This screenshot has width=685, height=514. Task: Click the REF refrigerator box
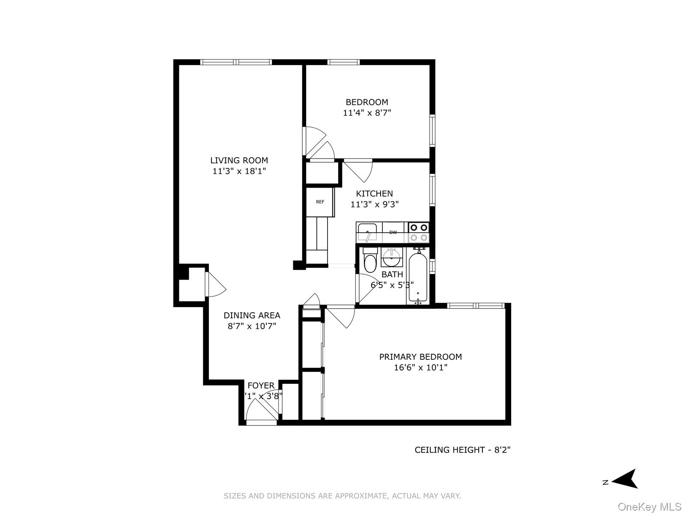coord(320,202)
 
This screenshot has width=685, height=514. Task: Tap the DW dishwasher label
coord(393,232)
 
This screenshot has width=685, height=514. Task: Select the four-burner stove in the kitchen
coord(419,232)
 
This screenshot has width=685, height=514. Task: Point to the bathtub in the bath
coord(417,278)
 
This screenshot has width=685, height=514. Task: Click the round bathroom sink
coord(391,258)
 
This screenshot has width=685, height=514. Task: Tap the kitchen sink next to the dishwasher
coord(367,232)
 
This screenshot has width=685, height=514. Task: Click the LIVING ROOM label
coord(239,160)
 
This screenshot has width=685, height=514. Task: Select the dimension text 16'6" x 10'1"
coord(420,368)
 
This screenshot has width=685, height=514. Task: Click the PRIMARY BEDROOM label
coord(420,356)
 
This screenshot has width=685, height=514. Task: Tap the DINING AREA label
coord(252,315)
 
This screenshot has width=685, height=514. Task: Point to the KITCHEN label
coord(374,194)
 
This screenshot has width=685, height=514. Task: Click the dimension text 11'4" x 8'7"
coord(367,113)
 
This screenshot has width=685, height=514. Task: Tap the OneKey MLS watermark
coord(649,507)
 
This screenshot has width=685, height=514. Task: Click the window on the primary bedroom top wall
coord(475,305)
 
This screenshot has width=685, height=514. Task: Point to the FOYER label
coord(261,385)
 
